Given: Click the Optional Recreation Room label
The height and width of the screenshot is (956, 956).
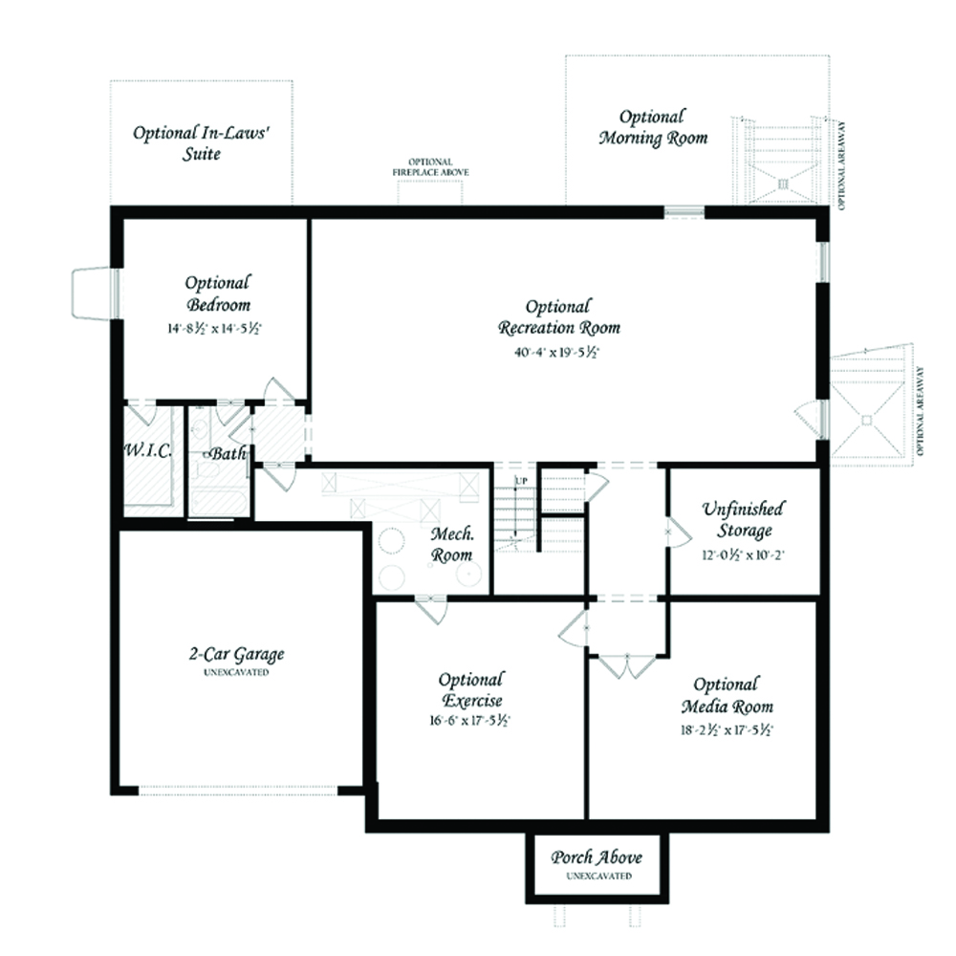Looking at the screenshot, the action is coord(559,317).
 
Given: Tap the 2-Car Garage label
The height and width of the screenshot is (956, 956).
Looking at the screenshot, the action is coord(236,654).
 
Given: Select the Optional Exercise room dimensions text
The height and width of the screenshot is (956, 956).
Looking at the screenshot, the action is coord(470,720).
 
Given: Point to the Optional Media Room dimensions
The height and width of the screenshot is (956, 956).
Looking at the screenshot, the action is coord(727,729).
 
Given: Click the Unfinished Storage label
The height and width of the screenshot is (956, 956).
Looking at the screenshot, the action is coord(743,519).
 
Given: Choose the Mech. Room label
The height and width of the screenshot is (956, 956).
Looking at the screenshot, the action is coord(452,545).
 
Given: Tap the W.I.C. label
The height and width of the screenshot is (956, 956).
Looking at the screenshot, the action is coord(148,450).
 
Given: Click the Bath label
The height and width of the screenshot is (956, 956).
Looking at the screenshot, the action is coord(228,453).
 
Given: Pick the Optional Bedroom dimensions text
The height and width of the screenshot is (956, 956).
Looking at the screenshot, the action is coord(214,329).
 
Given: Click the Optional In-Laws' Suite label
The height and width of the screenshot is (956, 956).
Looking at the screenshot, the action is coord(201,142).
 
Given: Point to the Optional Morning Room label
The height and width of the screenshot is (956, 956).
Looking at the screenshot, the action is coord(653,127).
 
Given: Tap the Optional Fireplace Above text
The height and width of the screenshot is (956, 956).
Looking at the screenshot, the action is coord(430,167).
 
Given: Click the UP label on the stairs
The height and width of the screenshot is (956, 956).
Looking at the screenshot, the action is coord(522,481).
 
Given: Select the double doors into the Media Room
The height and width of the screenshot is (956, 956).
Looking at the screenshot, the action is coord(627,666).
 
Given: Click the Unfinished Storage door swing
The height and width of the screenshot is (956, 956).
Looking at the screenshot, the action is coord(681,532).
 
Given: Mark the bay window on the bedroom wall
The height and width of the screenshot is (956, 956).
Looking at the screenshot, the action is coord(96,293).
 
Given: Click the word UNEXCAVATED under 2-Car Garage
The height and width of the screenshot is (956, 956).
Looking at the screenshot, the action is coord(236,672).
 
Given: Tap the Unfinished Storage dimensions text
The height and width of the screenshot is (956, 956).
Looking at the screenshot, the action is coord(743,554).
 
